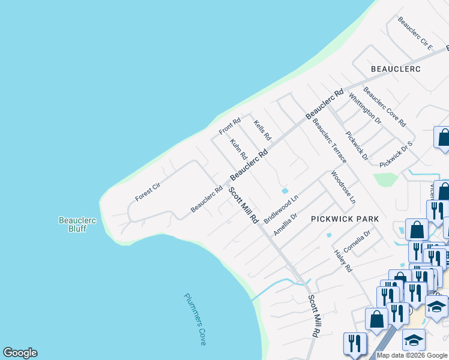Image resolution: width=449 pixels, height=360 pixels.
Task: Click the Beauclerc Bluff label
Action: pos(77,224)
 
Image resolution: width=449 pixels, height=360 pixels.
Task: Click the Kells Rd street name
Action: pos(262,129)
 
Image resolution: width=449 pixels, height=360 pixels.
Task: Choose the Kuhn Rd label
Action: pos(238,149)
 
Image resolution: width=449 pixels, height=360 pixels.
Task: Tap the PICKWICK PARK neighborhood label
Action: pos(345,219)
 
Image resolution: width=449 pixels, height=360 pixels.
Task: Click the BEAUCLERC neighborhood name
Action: pos(396,69)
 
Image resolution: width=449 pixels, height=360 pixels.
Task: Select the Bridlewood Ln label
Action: pos(281,208)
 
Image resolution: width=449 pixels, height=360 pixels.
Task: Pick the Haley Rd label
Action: pos(343,262)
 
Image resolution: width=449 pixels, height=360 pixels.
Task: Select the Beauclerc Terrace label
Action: pos(329,141)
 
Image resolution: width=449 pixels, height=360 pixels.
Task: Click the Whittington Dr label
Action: pos(364,108)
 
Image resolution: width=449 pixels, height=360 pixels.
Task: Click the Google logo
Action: pos(20,353)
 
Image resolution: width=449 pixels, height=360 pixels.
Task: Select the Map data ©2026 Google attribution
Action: pos(411,355)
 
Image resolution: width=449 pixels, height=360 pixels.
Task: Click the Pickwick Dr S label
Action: pos(397,154)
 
